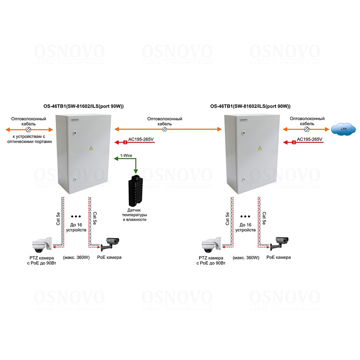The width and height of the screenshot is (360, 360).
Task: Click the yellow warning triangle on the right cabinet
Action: coord(260,148)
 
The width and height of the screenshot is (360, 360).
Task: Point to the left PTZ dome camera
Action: coord(42,245)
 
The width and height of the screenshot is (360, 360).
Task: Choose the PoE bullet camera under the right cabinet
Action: coord(279,243)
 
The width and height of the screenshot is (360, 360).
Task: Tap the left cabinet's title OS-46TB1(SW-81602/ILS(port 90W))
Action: coord(84,106)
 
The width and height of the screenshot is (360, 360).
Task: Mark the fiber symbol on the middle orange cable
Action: coord(165,129)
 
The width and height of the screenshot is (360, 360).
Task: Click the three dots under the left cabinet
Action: coord(76,216)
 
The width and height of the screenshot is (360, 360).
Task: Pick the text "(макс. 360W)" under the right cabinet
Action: coord(246,258)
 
